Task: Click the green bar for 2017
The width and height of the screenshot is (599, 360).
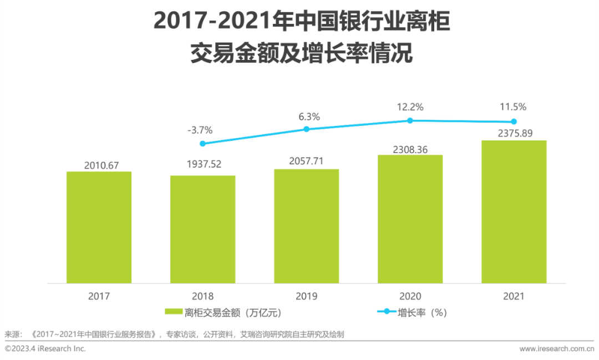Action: pyautogui.click(x=99, y=227)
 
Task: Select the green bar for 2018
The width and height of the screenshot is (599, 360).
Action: pyautogui.click(x=202, y=230)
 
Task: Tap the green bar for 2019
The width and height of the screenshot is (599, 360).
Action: pyautogui.click(x=306, y=226)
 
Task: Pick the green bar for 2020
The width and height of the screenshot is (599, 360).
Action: pyautogui.click(x=410, y=219)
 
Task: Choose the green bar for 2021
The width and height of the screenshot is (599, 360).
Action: pyautogui.click(x=514, y=212)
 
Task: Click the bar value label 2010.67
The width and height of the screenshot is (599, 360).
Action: pyautogui.click(x=99, y=165)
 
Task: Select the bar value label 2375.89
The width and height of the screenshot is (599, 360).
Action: pyautogui.click(x=514, y=133)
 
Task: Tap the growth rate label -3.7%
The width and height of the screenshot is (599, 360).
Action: pyautogui.click(x=200, y=130)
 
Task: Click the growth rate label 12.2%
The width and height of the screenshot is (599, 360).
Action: pyautogui.click(x=410, y=106)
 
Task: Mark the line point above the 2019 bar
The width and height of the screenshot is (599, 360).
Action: pyautogui.click(x=306, y=129)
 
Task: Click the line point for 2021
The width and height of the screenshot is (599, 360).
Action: pyautogui.click(x=514, y=121)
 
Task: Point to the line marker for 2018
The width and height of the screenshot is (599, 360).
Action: pyautogui.click(x=202, y=144)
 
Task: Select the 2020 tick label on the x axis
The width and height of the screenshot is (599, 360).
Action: pyautogui.click(x=410, y=296)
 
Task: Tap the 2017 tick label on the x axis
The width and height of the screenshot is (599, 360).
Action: pyautogui.click(x=99, y=296)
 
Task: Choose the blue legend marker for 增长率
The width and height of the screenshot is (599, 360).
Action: pyautogui.click(x=387, y=312)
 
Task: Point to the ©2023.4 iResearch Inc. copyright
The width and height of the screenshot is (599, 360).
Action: pyautogui.click(x=45, y=349)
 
